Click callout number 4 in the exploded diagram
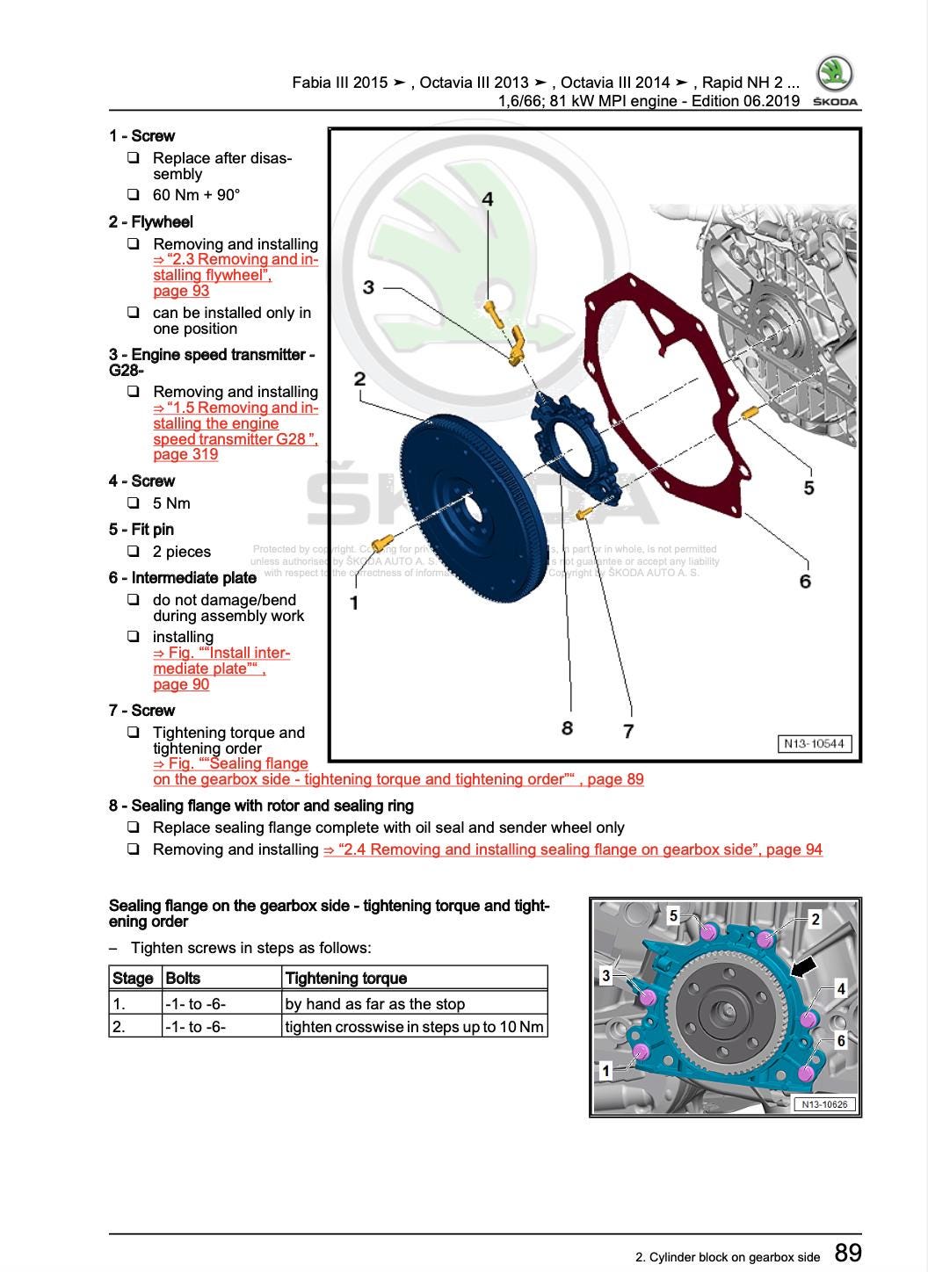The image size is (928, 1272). tap(488, 199)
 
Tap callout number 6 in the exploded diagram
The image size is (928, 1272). tap(805, 581)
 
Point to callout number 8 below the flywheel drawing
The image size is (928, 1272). tap(567, 727)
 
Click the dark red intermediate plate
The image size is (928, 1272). tap(668, 395)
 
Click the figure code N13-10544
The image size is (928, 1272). tap(814, 744)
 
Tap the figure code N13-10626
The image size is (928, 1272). tap(825, 1104)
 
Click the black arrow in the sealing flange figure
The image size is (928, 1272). tap(803, 966)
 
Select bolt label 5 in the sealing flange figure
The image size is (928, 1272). tap(673, 915)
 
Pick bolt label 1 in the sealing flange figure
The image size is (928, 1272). tap(605, 1071)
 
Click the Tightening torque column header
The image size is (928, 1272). tap(346, 978)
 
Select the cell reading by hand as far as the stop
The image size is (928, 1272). tap(375, 1004)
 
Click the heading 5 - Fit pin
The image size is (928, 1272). tap(141, 530)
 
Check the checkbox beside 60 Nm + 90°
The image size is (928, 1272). tap(133, 194)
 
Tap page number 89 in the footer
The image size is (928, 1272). tap(847, 1253)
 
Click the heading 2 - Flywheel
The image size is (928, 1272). tap(151, 222)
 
